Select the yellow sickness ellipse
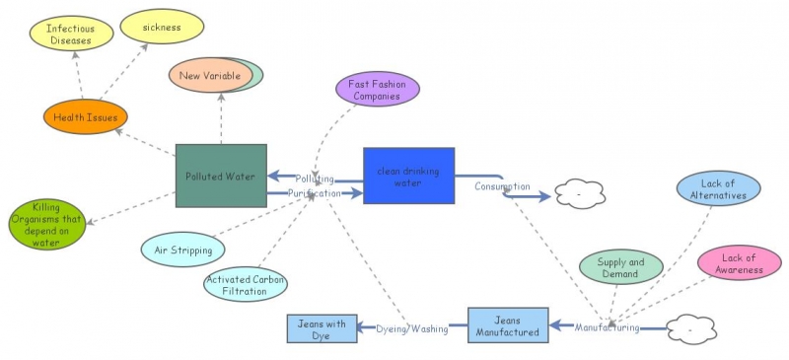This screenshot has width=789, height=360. [162, 28]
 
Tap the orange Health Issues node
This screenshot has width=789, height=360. [86, 117]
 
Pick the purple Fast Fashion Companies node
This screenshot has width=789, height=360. [378, 90]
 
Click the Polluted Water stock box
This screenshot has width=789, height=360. [221, 177]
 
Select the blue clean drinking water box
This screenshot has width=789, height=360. [408, 176]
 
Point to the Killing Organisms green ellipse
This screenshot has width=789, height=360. [46, 224]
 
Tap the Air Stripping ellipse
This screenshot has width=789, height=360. [183, 251]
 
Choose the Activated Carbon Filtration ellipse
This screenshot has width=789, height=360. [246, 286]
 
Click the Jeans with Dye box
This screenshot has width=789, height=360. [322, 328]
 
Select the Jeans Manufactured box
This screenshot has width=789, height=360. [507, 326]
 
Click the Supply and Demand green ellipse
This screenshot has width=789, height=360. [620, 268]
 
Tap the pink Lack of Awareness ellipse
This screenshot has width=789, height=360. [739, 264]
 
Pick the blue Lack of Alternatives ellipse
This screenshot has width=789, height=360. [718, 189]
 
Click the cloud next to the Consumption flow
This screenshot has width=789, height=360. [579, 194]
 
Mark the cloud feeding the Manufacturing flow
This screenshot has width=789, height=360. [691, 328]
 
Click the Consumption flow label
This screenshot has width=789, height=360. [502, 186]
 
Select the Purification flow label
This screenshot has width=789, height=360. [315, 194]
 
